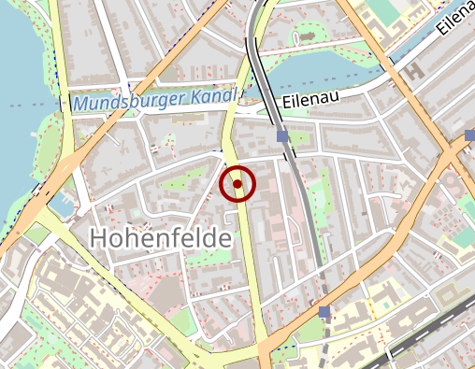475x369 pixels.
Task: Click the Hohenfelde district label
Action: (160, 238)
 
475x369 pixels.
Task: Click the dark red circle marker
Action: (237, 184)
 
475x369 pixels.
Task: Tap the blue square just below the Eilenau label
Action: (282, 136)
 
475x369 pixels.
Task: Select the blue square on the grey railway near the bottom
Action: (324, 311)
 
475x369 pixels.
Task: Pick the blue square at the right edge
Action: (469, 135)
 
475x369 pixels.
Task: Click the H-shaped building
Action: (412, 70)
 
